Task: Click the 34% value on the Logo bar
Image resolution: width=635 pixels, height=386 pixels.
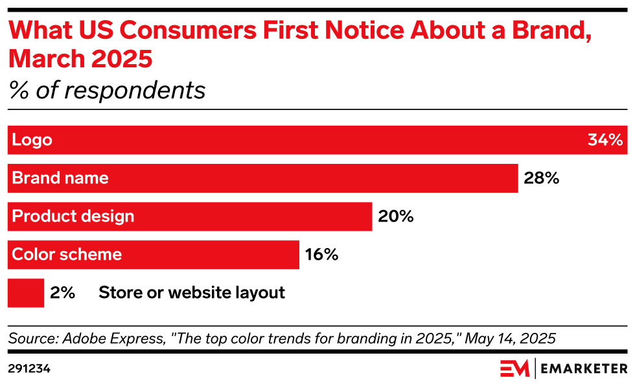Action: coord(605,140)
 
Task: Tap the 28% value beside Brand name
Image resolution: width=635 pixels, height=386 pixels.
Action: coord(541,178)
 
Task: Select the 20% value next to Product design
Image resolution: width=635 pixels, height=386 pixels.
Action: coord(395,216)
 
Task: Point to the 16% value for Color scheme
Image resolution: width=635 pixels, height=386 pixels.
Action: coord(321,255)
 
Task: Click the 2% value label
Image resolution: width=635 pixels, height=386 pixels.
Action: coord(63,293)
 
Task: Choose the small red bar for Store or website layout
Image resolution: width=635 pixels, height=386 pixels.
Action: coord(25,293)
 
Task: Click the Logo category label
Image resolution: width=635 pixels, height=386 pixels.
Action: coord(32,140)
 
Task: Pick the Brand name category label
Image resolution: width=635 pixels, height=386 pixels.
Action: coord(60,178)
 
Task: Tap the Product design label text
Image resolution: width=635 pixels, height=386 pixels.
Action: coord(73,216)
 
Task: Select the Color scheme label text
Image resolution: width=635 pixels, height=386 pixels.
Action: coord(67,255)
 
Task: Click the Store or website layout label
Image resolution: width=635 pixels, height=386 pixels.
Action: coord(192,293)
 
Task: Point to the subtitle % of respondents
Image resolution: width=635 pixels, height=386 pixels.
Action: coord(107,91)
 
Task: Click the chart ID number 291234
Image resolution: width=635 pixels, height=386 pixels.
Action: coord(29,369)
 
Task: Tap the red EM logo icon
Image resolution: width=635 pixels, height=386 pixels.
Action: coord(514,369)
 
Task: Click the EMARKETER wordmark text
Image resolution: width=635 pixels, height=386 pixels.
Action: coord(584,369)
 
